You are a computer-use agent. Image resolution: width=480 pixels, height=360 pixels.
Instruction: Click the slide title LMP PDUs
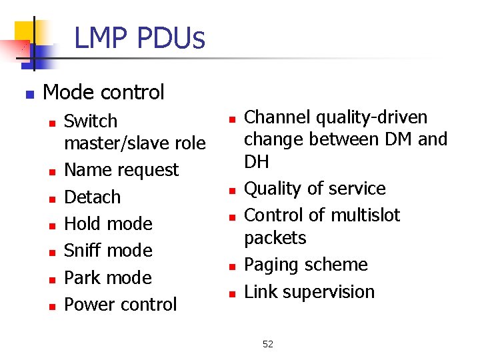tap(139, 38)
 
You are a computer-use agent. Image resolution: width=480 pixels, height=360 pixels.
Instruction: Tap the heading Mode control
tap(103, 92)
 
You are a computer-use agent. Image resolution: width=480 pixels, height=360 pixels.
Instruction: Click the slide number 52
tap(268, 344)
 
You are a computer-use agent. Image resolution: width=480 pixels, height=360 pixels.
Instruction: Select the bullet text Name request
tap(121, 170)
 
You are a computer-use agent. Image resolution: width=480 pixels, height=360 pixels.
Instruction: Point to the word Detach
tap(92, 197)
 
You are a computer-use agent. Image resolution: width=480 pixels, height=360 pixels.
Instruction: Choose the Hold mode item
tap(108, 224)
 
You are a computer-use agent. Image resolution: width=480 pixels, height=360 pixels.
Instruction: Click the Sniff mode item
tap(108, 251)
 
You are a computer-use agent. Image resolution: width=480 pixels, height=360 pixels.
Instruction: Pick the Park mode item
tap(108, 277)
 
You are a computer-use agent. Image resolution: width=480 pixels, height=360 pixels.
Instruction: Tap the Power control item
tap(121, 305)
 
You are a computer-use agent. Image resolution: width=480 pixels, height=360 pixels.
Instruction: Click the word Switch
tap(91, 121)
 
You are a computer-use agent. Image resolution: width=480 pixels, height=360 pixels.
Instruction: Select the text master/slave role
tap(135, 143)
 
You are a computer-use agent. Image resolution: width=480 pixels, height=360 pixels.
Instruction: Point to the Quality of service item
tap(315, 189)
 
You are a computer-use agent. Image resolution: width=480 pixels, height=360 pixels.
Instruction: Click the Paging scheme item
tap(306, 265)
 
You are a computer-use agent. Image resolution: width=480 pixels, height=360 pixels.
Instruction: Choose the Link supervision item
tap(309, 292)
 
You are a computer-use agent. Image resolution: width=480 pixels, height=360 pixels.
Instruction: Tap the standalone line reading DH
tap(256, 162)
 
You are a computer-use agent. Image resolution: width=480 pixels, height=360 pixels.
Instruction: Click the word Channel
tap(277, 117)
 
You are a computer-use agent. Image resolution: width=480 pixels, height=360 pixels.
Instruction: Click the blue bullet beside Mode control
tap(29, 94)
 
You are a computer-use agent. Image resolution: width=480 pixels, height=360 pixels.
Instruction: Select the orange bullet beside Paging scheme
tap(231, 267)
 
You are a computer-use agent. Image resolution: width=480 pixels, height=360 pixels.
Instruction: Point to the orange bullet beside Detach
tap(51, 199)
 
